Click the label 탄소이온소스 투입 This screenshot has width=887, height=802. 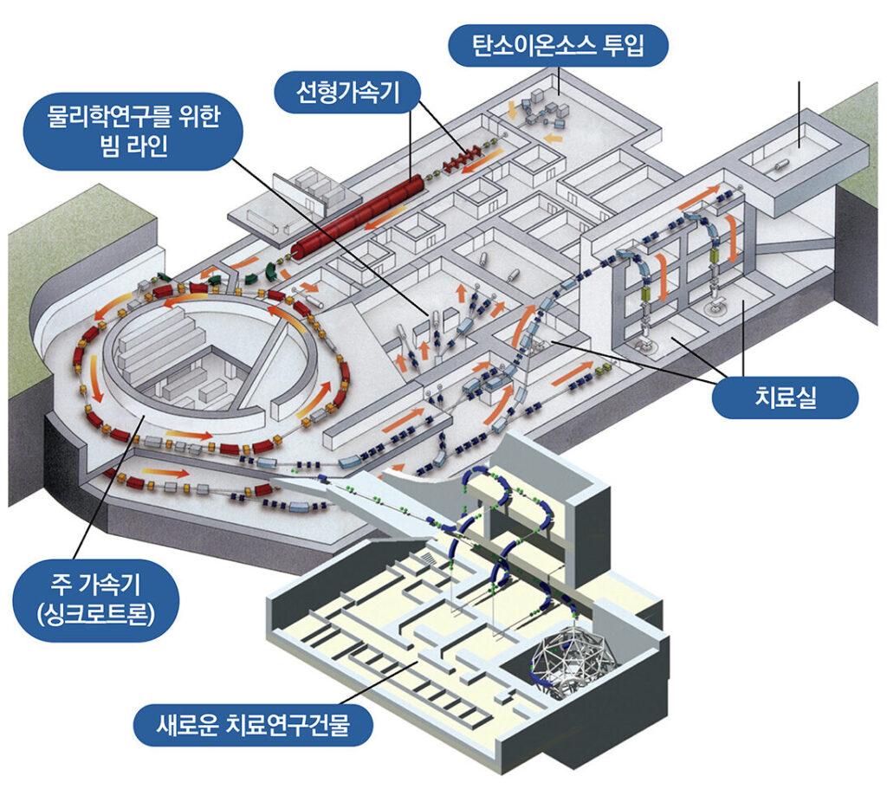click(560, 45)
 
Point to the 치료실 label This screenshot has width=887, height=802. click(785, 399)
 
